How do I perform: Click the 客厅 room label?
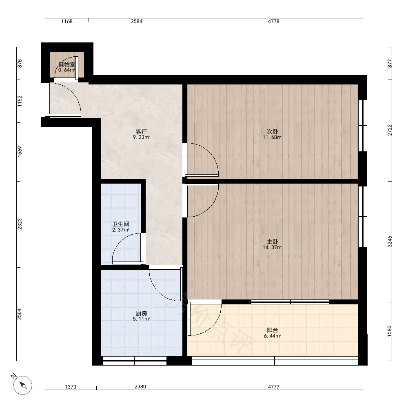coord(141,132)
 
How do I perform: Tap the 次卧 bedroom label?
coord(273,132)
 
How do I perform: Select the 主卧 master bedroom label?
coord(273,242)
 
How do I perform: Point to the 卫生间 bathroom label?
coord(120,224)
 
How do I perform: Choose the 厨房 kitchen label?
coord(141,313)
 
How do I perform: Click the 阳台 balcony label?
coord(273,330)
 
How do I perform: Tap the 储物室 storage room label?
coord(67,64)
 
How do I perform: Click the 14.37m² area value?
coord(273,248)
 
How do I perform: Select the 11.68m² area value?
coord(273,137)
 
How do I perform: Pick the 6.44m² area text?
coord(273,336)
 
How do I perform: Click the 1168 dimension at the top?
coord(67,21)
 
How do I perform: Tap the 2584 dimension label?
coord(137,21)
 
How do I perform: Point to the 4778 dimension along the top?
coord(274,21)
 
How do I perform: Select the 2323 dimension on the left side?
coord(20,224)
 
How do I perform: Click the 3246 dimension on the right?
coord(390,242)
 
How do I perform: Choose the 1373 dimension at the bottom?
coord(71,387)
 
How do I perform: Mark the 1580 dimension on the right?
coord(390,331)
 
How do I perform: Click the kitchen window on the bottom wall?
coord(135,361)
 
